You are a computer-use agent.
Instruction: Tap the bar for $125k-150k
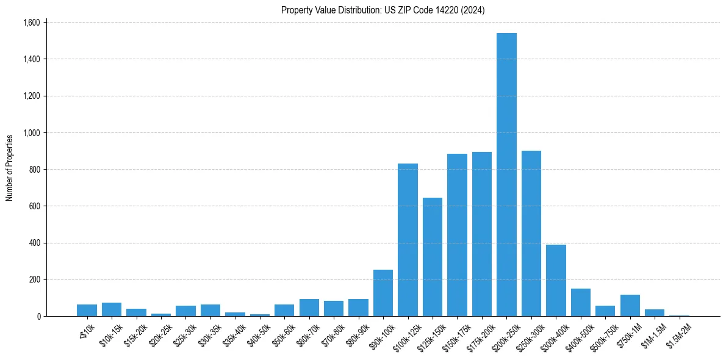(433, 257)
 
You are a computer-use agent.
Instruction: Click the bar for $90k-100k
(383, 293)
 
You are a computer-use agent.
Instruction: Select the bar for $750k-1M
(630, 306)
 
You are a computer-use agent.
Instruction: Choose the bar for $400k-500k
(581, 303)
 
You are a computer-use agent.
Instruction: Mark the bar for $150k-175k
(457, 235)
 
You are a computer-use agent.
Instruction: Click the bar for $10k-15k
(112, 309)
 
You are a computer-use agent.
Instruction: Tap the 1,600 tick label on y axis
(31, 23)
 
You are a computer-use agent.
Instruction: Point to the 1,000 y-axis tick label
(31, 133)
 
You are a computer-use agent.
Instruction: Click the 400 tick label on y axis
(34, 243)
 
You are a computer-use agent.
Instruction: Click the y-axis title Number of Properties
(10, 168)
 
